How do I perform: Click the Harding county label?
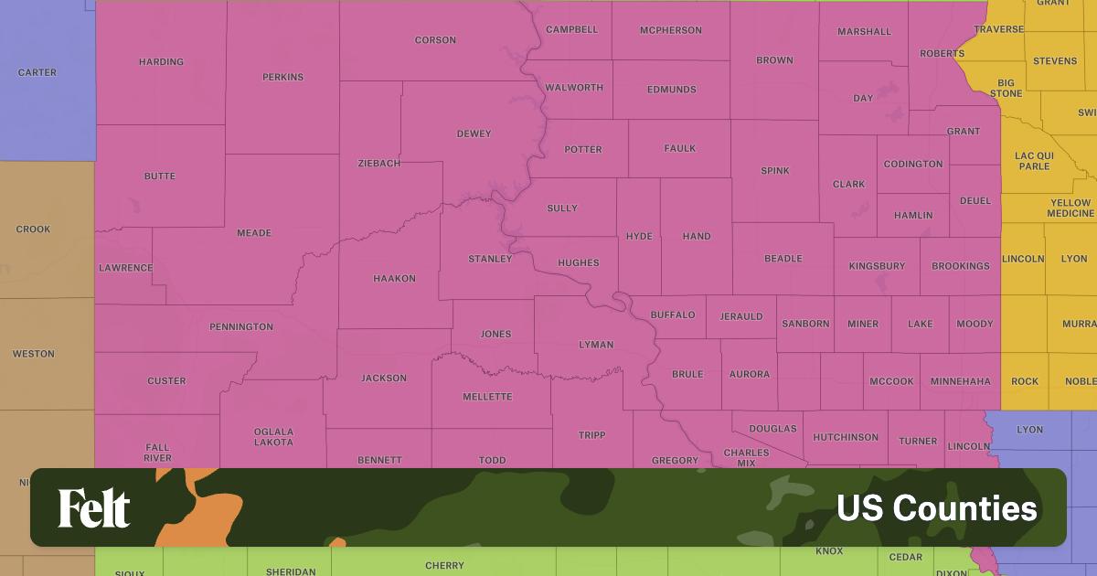tap(161, 62)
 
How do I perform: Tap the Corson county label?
tap(435, 40)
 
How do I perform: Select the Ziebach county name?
tap(379, 163)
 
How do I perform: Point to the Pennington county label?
tap(241, 326)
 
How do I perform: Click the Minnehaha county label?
tap(960, 381)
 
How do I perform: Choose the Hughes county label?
tap(578, 263)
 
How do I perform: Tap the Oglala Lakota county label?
tap(273, 437)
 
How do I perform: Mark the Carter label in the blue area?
tap(37, 72)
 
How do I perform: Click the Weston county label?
tap(33, 354)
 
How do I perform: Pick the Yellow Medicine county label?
tap(1070, 208)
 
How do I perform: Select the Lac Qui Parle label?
tap(1033, 161)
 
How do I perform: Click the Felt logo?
tap(94, 508)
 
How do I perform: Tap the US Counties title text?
tap(937, 508)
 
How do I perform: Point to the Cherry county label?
tap(444, 566)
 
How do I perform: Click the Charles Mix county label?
tap(746, 457)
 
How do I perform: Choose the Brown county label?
tap(774, 60)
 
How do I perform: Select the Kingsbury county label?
tap(877, 266)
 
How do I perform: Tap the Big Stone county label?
tap(1006, 88)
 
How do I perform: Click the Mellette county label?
tap(487, 397)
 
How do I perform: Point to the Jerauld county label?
tap(740, 316)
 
